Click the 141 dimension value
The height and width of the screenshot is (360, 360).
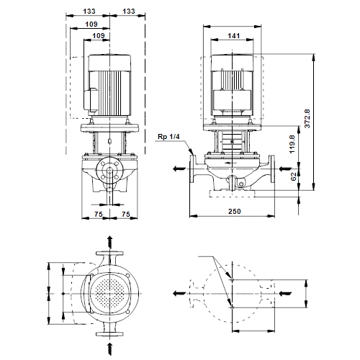(x=233, y=36)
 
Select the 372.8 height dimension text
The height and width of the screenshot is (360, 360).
(x=307, y=119)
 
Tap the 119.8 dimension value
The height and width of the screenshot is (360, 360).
(x=292, y=144)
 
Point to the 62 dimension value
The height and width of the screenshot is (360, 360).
(x=294, y=176)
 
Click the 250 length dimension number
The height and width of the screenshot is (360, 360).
(x=234, y=212)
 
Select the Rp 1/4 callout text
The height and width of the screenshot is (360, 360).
(x=168, y=137)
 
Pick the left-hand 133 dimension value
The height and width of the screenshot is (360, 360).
(x=89, y=12)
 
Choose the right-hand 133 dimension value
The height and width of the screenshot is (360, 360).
(x=129, y=12)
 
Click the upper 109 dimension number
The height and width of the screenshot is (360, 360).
(x=91, y=24)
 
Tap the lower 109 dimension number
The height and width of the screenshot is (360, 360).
(x=99, y=36)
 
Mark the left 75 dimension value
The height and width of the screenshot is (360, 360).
(x=99, y=214)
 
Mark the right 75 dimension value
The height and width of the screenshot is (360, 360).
(x=125, y=214)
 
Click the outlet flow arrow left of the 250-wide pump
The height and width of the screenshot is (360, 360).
(x=179, y=168)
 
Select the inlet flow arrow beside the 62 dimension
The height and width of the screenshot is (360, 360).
(x=285, y=168)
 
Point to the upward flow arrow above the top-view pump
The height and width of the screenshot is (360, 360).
(x=109, y=242)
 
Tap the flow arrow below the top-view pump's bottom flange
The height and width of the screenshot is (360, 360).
(x=109, y=349)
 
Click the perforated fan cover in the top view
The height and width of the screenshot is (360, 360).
(x=109, y=294)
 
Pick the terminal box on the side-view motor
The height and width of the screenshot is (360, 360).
(x=90, y=100)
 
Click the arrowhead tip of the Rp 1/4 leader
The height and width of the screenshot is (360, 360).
(x=193, y=154)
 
